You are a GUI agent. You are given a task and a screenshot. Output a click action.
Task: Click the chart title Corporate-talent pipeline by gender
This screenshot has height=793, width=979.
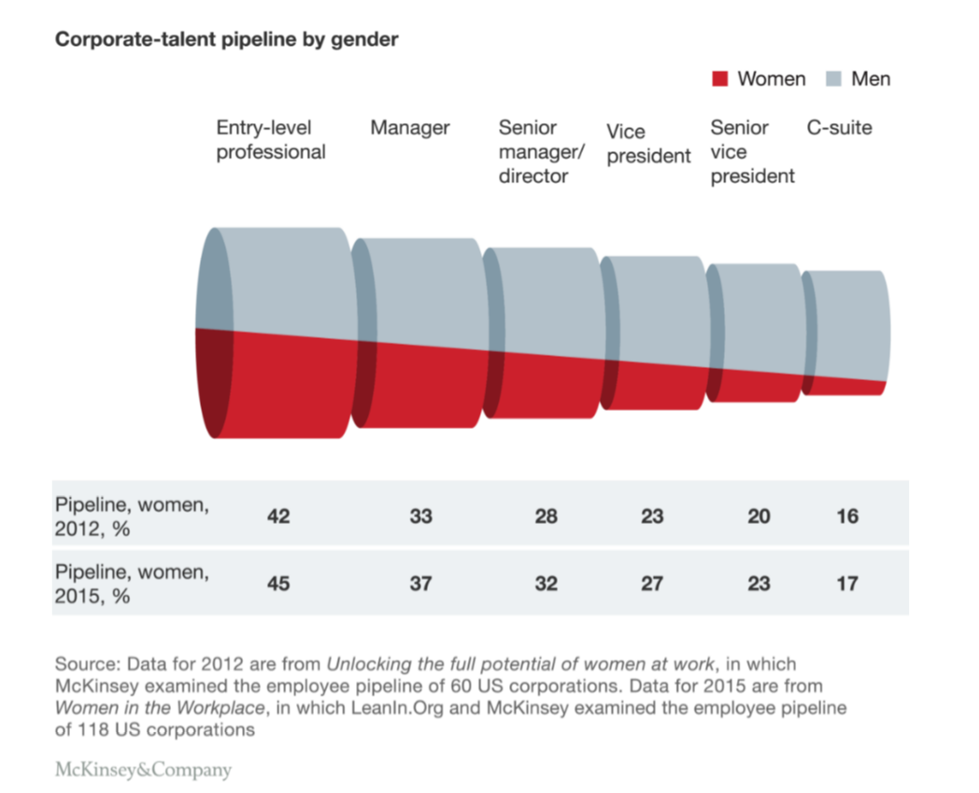[x=227, y=39]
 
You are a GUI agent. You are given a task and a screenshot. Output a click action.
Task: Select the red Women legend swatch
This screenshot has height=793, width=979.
[x=719, y=78]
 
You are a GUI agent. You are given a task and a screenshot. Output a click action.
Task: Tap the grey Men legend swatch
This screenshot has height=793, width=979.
[x=833, y=78]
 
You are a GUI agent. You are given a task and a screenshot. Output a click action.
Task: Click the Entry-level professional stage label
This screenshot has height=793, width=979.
[x=271, y=140]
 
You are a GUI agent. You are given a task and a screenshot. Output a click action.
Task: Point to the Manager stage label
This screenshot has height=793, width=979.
[x=410, y=128]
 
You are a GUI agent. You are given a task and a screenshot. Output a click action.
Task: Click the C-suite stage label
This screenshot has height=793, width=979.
[x=839, y=128]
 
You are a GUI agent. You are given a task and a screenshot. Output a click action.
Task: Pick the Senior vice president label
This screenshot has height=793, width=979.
[x=752, y=151]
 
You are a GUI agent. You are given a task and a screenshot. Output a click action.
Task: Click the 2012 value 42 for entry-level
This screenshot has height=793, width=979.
[x=278, y=516]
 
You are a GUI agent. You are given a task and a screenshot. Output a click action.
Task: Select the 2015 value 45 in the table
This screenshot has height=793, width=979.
[x=278, y=584]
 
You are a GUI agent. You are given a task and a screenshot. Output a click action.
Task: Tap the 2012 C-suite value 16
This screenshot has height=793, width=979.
[x=847, y=516]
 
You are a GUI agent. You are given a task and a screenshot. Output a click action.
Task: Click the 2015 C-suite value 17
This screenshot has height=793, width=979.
[x=847, y=584]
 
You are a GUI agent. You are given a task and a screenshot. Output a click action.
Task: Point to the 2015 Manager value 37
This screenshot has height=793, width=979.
[x=421, y=584]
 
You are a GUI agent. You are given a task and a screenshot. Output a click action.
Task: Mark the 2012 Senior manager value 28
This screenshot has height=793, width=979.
[x=546, y=516]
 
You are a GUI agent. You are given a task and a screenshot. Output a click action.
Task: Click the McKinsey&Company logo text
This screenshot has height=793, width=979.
[x=143, y=771]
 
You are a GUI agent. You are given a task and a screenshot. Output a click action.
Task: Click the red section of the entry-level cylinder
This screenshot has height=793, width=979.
[x=280, y=388]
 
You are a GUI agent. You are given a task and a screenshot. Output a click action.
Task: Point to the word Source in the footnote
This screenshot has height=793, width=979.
[x=84, y=664]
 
